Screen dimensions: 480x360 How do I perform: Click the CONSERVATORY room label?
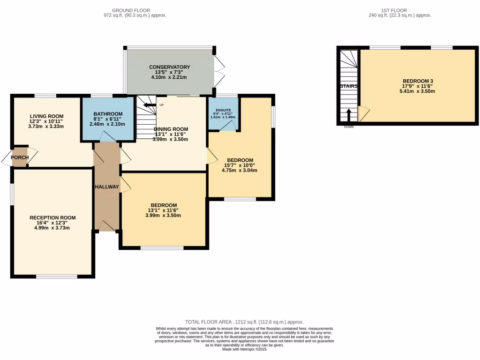click(x=169, y=67)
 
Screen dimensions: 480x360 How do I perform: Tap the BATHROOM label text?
click(x=108, y=114)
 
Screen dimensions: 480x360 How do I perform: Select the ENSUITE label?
click(x=223, y=110)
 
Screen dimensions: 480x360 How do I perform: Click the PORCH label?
click(x=20, y=157)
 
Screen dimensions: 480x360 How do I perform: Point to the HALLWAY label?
click(x=106, y=187)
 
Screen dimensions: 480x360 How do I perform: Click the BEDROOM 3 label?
click(x=418, y=81)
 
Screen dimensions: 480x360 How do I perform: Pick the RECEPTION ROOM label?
click(x=52, y=217)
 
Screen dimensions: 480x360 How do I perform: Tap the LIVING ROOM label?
click(x=46, y=116)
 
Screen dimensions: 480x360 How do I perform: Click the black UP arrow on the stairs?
click(x=150, y=105)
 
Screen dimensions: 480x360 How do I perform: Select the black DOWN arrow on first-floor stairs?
click(x=349, y=115)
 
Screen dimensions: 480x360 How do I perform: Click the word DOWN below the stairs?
click(x=349, y=127)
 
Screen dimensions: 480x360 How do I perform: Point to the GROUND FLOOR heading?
click(x=131, y=10)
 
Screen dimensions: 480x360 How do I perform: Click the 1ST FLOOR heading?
click(x=394, y=10)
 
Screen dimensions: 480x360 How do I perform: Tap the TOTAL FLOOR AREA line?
click(x=244, y=322)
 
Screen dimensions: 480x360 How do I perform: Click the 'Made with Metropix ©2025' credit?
click(x=244, y=349)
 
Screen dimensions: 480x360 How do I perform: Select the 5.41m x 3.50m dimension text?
click(x=417, y=91)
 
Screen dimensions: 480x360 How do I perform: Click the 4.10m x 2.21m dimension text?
click(x=169, y=77)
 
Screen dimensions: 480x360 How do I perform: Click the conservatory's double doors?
click(x=219, y=72)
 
